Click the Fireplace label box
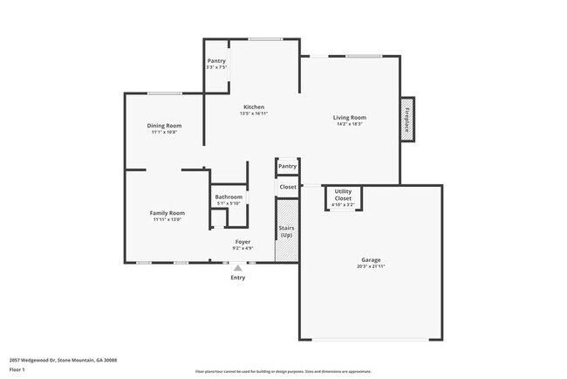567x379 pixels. pos(406,119)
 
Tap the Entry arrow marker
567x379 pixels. pos(238,268)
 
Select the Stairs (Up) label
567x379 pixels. pos(286,231)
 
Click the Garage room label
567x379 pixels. pos(372,259)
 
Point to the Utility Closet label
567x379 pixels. pos(344,194)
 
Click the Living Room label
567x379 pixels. pos(350,118)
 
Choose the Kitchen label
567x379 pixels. pos(253,107)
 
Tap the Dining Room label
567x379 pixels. pos(163,126)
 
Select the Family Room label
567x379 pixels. pos(167,213)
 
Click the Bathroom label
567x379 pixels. pos(229,197)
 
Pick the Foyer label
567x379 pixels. pos(243,242)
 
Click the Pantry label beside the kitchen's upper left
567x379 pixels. pos(216,60)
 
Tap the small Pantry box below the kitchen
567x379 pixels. pos(287,166)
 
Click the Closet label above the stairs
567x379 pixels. pos(288,187)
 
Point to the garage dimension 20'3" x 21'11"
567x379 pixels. pos(372,265)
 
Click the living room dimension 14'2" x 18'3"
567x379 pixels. pos(350,124)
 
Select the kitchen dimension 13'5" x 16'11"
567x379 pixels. pos(253,114)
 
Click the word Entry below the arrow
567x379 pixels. pos(238,278)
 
